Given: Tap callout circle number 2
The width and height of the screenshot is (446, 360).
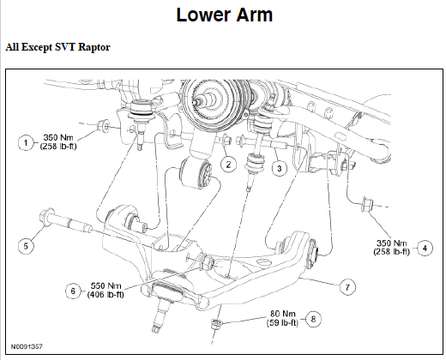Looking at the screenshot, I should [x=227, y=164].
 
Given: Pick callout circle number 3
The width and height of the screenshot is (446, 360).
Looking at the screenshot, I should [x=279, y=169].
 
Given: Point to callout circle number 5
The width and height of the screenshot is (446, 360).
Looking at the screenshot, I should [x=27, y=245].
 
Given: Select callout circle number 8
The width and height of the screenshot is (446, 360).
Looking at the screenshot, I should [x=314, y=319].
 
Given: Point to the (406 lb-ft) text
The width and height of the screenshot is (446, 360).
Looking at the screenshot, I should [x=106, y=295].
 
